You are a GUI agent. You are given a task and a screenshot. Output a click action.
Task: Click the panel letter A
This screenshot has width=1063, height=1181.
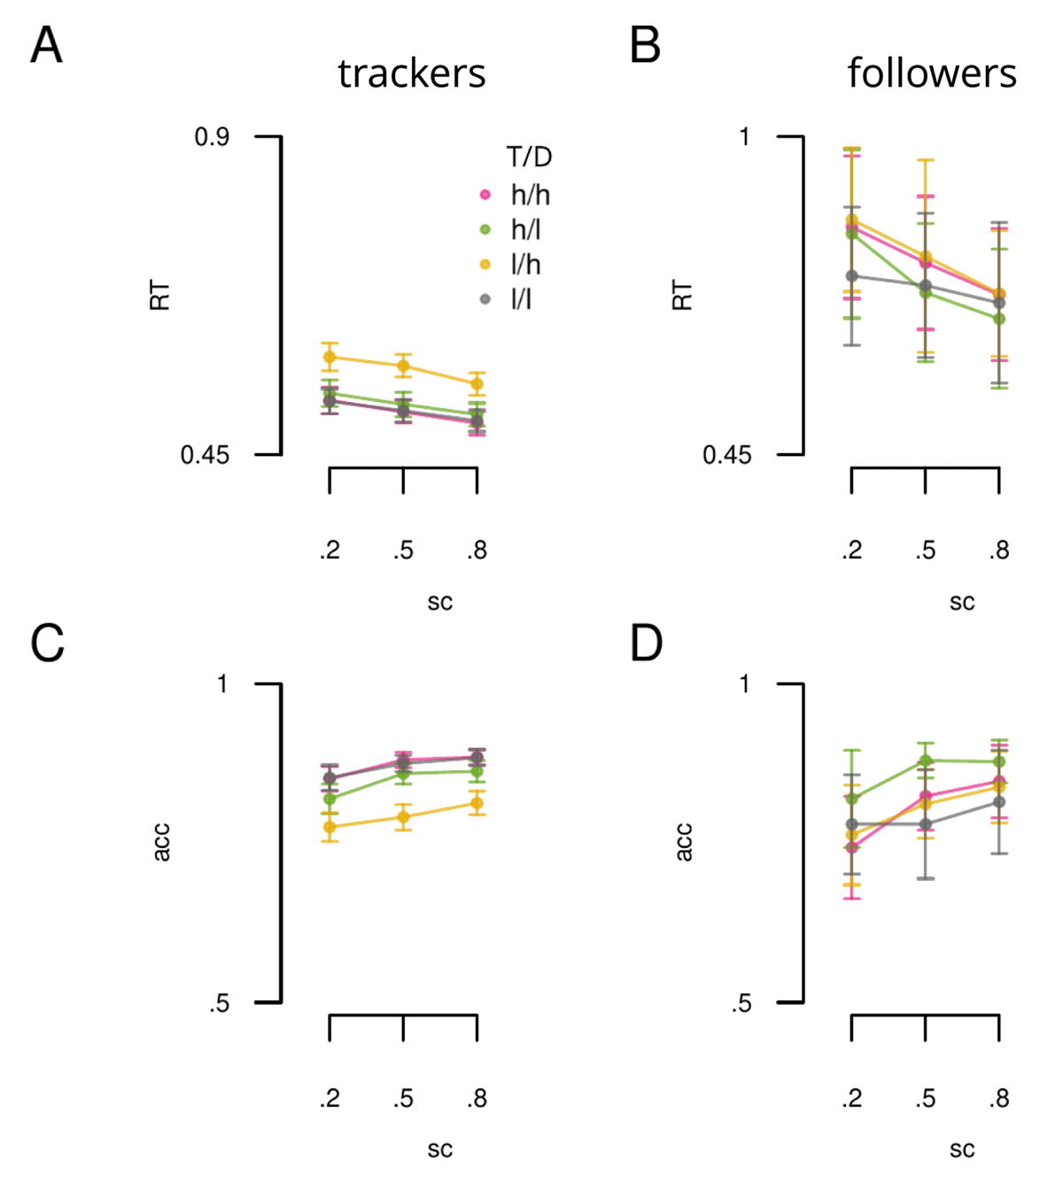[x=46, y=45]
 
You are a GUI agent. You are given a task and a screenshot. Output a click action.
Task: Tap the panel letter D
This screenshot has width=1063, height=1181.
[x=646, y=644]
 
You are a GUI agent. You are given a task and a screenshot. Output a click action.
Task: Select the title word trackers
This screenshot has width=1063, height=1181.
[x=411, y=73]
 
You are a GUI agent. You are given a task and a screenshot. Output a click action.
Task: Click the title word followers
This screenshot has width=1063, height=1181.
[x=931, y=73]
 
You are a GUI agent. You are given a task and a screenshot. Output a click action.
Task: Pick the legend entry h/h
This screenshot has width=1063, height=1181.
[x=530, y=195]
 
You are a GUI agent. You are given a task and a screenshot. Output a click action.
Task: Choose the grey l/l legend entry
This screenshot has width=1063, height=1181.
[x=521, y=299]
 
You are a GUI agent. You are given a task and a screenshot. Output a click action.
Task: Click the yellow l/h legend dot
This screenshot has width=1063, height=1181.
[x=485, y=265]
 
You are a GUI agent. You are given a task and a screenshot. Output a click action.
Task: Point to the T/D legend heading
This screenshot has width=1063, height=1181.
[x=529, y=158]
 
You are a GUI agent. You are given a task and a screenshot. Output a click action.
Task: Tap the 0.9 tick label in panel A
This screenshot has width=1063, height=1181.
[x=212, y=137]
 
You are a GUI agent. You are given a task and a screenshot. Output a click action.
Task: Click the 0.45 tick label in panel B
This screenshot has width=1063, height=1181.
[x=726, y=455]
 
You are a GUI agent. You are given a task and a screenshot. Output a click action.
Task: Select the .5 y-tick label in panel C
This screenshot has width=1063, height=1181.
[x=219, y=1003]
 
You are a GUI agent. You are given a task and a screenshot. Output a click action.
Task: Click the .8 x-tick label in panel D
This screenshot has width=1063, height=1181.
[x=999, y=1099]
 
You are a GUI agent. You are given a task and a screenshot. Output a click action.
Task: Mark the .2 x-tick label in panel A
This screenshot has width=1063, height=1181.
[x=330, y=551]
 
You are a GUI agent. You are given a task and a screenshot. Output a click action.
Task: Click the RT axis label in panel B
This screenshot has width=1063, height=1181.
[x=682, y=295]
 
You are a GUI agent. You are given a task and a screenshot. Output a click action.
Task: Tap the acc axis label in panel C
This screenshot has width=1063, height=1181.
[x=160, y=842]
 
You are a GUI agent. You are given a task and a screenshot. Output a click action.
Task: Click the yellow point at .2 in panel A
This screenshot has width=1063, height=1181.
[x=330, y=358]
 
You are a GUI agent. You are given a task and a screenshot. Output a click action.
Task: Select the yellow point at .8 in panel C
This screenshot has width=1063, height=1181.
[x=477, y=803]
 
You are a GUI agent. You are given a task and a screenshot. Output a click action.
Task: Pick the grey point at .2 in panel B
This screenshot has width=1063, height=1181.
[x=852, y=276]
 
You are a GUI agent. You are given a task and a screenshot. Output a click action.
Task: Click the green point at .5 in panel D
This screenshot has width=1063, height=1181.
[x=926, y=760]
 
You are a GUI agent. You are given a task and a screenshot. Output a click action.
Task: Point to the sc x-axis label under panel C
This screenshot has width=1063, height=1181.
[x=439, y=1149]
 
